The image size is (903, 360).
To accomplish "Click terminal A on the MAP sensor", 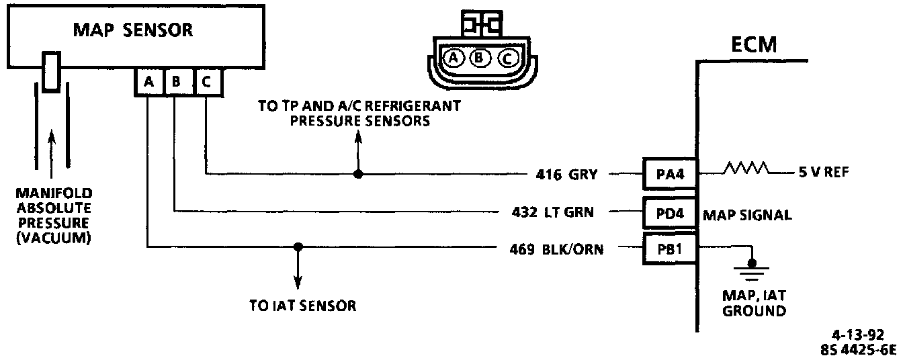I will (148, 82).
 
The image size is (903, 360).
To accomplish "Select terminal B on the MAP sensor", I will (177, 82).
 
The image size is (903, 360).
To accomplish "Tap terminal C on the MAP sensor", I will (206, 82).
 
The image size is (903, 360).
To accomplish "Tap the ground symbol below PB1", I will (753, 270).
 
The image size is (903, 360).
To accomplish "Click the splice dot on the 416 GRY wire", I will (358, 174).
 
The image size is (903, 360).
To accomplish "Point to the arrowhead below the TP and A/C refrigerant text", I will (358, 136).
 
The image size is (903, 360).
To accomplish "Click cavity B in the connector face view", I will (480, 59).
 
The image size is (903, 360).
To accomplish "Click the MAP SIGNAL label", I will (746, 215).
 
